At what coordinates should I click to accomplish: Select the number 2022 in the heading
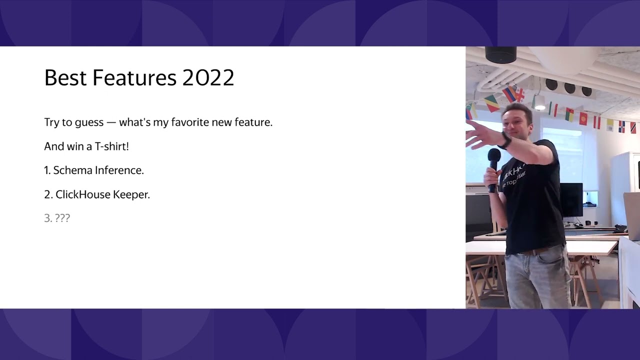(208, 78)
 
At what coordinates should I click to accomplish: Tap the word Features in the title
(134, 78)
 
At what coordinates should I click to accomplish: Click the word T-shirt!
(111, 146)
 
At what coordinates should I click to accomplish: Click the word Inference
(119, 170)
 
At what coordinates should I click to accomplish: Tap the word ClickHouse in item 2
(82, 194)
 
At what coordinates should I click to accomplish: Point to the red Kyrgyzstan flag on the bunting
(583, 118)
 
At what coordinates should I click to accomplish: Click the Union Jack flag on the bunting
(520, 94)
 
